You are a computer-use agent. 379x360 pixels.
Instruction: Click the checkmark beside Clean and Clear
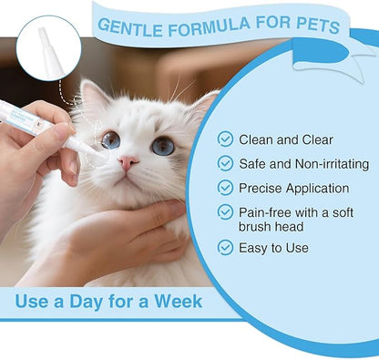225,139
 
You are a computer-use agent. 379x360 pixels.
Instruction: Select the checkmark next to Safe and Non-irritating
225,164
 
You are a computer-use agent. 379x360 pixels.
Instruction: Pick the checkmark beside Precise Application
225,188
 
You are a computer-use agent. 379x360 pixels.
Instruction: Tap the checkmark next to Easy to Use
225,247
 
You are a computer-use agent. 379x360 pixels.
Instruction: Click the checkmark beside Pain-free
225,211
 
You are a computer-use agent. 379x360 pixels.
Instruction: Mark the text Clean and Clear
285,139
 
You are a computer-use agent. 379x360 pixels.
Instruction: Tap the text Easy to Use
273,247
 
